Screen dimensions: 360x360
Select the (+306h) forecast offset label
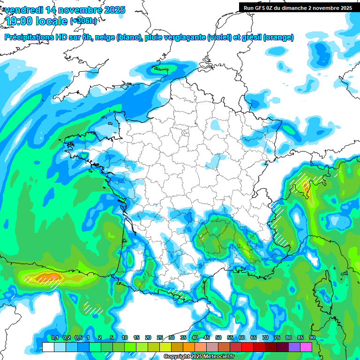(x=83, y=21)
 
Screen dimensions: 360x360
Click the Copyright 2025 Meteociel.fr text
(x=199, y=357)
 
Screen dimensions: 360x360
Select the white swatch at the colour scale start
(x=48, y=347)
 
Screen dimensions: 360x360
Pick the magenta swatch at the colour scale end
(x=306, y=347)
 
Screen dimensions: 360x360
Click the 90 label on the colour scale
(x=312, y=338)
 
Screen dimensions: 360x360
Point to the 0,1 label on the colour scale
(x=54, y=338)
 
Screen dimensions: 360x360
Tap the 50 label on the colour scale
(x=218, y=338)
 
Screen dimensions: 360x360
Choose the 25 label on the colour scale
(x=160, y=338)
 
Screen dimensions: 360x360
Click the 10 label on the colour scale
(x=125, y=338)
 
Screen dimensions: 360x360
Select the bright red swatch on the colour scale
(x=247, y=347)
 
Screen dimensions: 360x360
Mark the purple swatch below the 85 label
(x=294, y=347)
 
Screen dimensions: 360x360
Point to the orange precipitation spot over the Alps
(x=307, y=187)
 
